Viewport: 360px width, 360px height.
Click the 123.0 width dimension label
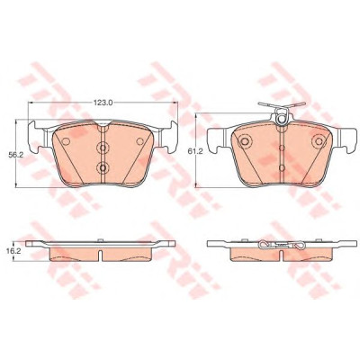point(103,103)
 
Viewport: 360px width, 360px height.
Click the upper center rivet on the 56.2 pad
point(103,148)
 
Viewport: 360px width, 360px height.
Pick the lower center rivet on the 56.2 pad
point(103,168)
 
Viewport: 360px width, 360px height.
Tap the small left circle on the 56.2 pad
point(66,141)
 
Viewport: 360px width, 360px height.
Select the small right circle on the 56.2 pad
point(140,141)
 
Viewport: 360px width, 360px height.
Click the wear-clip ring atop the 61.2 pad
point(282,119)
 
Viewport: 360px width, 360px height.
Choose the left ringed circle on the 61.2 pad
point(245,141)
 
